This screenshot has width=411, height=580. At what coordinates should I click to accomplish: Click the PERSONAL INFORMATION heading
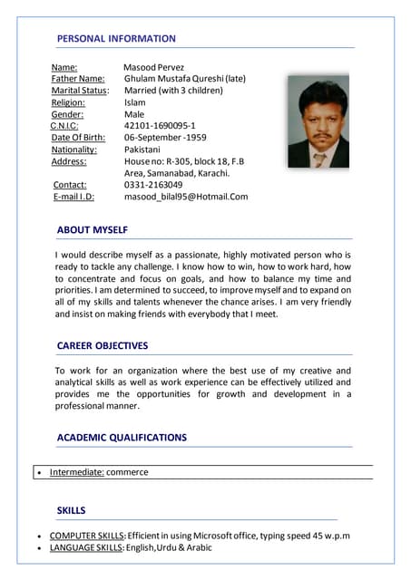click(x=116, y=39)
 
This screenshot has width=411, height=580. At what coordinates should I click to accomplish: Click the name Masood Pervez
click(x=153, y=67)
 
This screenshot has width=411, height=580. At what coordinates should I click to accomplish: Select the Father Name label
click(x=78, y=79)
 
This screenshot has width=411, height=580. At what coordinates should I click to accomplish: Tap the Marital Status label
click(x=80, y=91)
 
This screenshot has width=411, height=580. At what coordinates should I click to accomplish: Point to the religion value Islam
click(x=134, y=102)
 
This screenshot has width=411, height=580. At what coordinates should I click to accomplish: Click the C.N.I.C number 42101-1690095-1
click(x=160, y=126)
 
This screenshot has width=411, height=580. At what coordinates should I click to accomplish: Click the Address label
click(x=69, y=161)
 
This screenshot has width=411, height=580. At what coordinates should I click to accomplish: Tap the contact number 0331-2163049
click(x=153, y=185)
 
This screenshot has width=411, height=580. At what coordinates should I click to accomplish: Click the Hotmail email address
click(x=186, y=197)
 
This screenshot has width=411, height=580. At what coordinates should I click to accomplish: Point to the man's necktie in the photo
click(x=319, y=158)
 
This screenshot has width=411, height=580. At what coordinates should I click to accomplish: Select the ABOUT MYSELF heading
click(x=92, y=230)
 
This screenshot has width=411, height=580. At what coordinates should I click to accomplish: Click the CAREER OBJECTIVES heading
click(x=103, y=346)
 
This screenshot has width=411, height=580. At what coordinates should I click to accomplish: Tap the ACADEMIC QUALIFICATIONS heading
click(x=122, y=438)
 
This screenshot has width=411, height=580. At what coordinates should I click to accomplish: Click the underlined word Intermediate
click(x=76, y=472)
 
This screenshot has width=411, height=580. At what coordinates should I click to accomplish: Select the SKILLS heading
click(x=71, y=511)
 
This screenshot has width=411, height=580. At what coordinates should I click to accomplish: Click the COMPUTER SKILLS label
click(x=86, y=536)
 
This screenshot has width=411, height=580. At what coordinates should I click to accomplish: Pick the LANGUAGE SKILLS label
click(x=86, y=548)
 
